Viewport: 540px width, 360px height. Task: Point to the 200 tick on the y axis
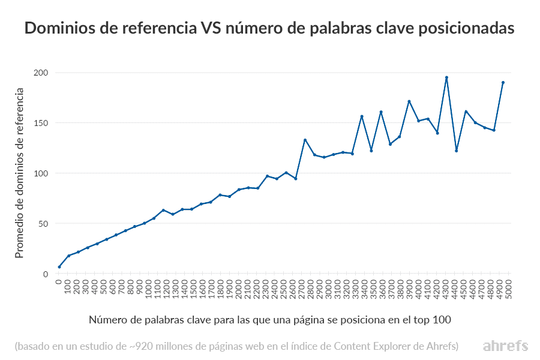click(x=41, y=73)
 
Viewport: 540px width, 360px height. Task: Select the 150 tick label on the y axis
click(x=41, y=123)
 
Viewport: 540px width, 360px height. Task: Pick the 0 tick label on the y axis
click(x=45, y=274)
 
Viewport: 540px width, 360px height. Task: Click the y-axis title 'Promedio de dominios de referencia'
click(x=19, y=173)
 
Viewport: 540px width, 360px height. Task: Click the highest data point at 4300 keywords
click(x=446, y=77)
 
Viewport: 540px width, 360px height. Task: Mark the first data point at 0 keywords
click(x=59, y=267)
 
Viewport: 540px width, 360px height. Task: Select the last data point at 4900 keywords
click(x=503, y=82)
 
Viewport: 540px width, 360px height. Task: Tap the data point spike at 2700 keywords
click(x=305, y=140)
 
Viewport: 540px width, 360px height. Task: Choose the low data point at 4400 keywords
click(x=456, y=151)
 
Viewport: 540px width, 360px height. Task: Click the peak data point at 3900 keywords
click(x=409, y=101)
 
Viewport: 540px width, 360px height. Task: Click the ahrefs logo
click(x=505, y=346)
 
